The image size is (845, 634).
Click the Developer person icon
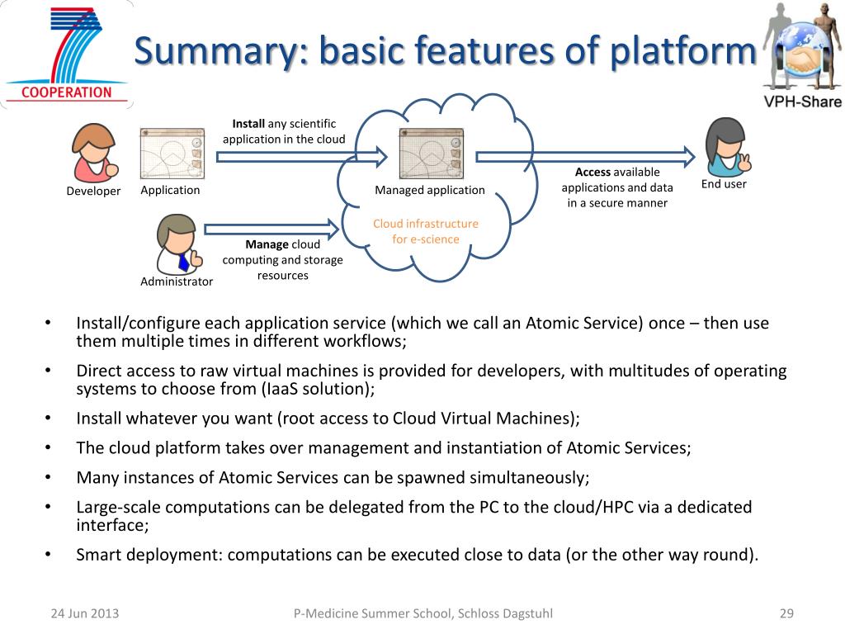(95, 153)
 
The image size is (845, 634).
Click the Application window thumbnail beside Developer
(172, 153)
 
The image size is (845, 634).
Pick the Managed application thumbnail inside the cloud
(431, 153)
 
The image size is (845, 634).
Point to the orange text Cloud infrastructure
(426, 224)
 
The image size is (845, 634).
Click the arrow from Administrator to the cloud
(271, 229)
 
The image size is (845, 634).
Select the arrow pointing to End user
(585, 157)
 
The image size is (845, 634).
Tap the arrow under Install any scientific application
(302, 157)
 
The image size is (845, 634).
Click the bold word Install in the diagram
(248, 124)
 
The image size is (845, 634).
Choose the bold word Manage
(267, 244)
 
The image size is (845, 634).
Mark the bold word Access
(592, 172)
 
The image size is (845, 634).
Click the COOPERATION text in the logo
(66, 92)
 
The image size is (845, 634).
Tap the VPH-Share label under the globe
(802, 102)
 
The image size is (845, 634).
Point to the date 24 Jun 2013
(85, 613)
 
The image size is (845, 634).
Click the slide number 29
(786, 613)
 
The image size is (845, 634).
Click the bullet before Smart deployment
(48, 553)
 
